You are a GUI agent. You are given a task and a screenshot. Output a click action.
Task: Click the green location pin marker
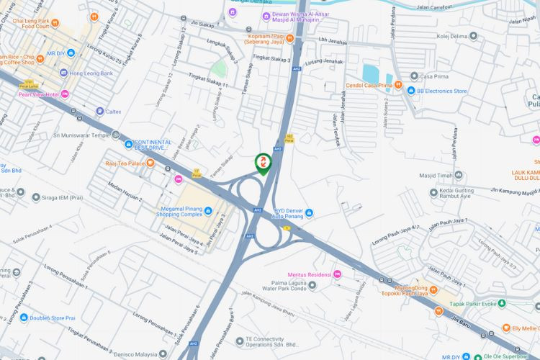point(264,163)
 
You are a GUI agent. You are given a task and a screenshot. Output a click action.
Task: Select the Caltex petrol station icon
point(99,112)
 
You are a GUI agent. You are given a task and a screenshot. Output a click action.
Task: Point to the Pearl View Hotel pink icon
point(65,94)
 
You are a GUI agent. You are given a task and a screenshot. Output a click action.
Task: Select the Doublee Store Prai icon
point(23,318)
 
